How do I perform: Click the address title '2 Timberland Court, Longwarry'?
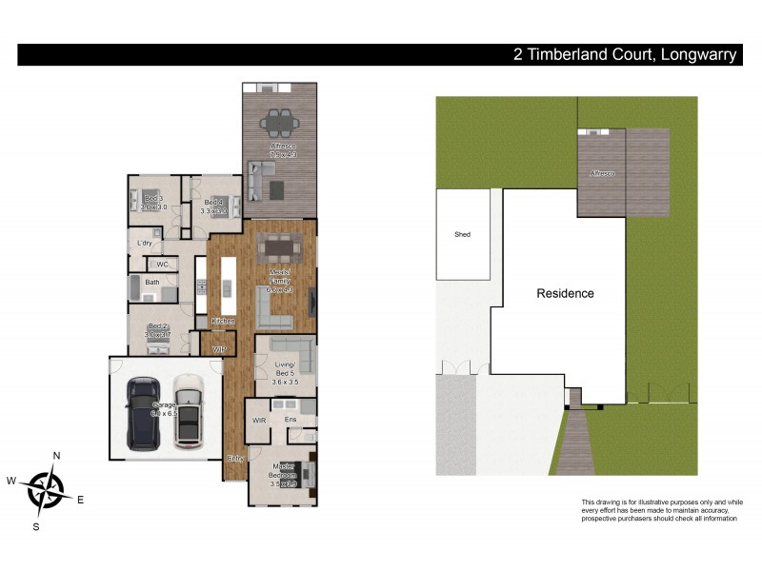point(623,55)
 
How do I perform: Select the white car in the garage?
point(188,411)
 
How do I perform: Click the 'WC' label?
point(162,264)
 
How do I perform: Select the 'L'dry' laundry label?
point(145,243)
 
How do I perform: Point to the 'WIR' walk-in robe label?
point(258,420)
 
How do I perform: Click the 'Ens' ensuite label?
point(291,420)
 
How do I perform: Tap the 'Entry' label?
point(235,458)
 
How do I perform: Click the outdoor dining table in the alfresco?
point(279,121)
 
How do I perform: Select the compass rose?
point(45,490)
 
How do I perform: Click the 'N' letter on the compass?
point(56,456)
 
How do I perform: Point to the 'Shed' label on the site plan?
point(463,234)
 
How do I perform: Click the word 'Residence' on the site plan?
point(565,293)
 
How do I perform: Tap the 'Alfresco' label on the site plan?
point(601,173)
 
